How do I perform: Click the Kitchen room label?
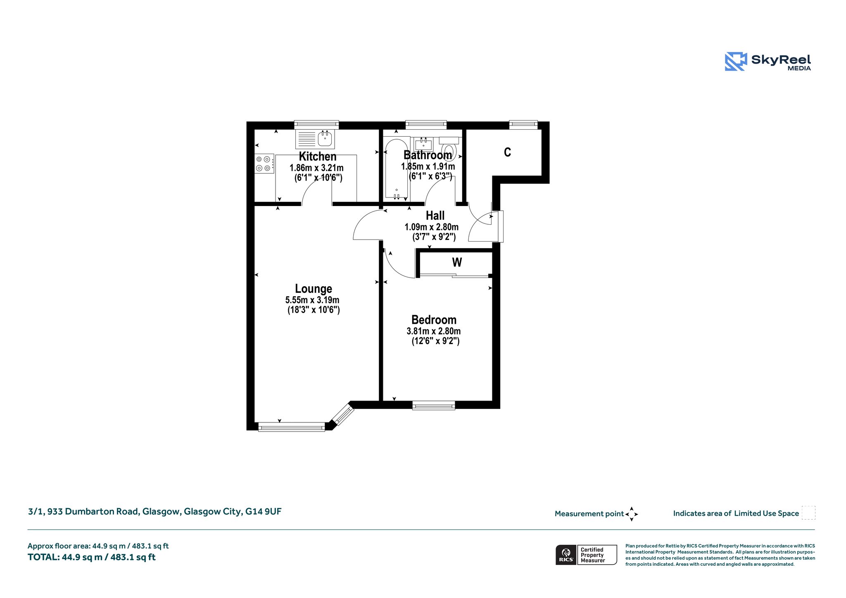pyautogui.click(x=317, y=157)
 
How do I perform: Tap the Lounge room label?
pyautogui.click(x=314, y=289)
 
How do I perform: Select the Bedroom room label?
pyautogui.click(x=434, y=320)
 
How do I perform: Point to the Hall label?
pyautogui.click(x=435, y=216)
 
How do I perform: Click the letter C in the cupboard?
pyautogui.click(x=507, y=152)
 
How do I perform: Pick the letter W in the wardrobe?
pyautogui.click(x=457, y=262)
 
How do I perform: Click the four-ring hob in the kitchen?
pyautogui.click(x=264, y=164)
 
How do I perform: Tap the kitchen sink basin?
pyautogui.click(x=325, y=139)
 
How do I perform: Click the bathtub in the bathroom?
pyautogui.click(x=397, y=168)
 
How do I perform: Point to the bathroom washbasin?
pyautogui.click(x=423, y=145)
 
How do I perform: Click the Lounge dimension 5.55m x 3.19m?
pyautogui.click(x=312, y=300)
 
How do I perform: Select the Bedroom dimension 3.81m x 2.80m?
pyautogui.click(x=434, y=331)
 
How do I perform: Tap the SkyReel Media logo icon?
pyautogui.click(x=736, y=62)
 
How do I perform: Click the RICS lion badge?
pyautogui.click(x=566, y=555)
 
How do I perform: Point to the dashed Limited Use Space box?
pyautogui.click(x=808, y=513)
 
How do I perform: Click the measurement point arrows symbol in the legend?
pyautogui.click(x=632, y=514)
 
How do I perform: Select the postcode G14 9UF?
pyautogui.click(x=264, y=512)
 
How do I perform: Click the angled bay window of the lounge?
pyautogui.click(x=343, y=415)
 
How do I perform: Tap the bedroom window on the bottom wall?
pyautogui.click(x=434, y=405)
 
